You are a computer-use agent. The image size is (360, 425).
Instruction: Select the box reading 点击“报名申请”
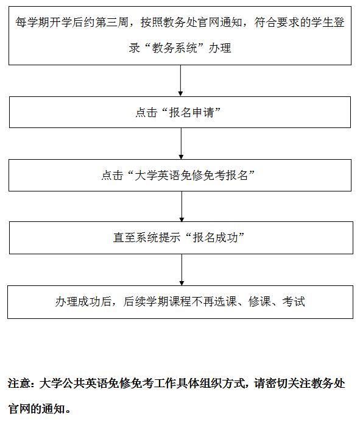click(x=180, y=112)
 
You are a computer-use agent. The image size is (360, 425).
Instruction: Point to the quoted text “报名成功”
click(x=215, y=237)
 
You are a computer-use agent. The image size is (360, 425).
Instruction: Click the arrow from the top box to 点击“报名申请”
click(x=180, y=80)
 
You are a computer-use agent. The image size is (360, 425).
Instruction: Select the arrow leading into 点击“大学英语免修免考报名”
click(x=181, y=144)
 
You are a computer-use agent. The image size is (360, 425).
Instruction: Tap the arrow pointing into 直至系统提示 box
click(x=182, y=207)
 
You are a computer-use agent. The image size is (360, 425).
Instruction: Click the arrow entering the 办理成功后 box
click(x=182, y=270)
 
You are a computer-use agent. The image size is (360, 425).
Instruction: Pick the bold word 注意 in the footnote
click(x=19, y=384)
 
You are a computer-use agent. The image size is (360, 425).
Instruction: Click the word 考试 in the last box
click(x=294, y=301)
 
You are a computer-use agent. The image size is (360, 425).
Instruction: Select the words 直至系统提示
click(x=147, y=237)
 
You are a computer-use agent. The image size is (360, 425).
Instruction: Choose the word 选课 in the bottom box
click(x=225, y=301)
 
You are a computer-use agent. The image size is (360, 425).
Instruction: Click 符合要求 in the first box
click(x=277, y=22)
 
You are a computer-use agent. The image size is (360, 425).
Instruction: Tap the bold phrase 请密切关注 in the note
click(x=282, y=384)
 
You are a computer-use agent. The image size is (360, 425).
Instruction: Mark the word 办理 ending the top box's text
click(x=220, y=48)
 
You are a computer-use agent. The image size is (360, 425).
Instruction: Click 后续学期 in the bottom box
click(x=146, y=301)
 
